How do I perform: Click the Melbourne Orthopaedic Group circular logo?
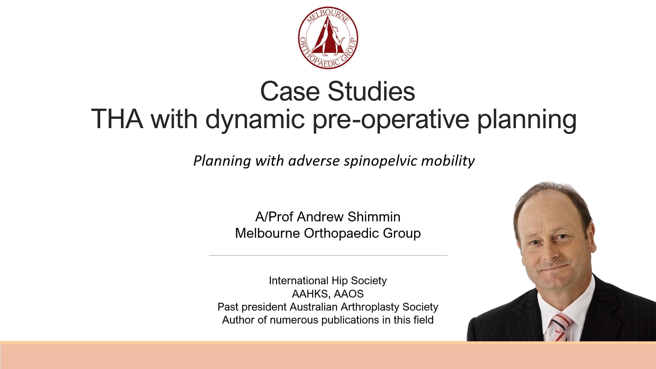point(328,38)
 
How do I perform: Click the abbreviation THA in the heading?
point(117,119)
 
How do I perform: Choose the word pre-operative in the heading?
point(391,120)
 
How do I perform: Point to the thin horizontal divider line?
point(328,255)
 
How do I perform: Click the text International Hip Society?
point(328,281)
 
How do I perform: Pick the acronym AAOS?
point(348,293)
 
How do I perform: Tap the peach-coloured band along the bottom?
point(328,355)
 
